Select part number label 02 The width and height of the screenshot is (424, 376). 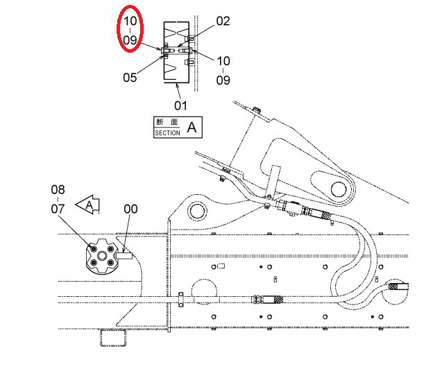[223, 21]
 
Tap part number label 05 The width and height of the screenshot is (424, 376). [130, 78]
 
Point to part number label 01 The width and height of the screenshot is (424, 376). [180, 105]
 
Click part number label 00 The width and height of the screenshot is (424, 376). [130, 209]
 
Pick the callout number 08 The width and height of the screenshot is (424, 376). [58, 190]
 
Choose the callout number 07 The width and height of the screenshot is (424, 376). [58, 209]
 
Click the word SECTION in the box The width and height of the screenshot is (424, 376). [167, 133]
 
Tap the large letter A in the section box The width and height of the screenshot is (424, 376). [192, 128]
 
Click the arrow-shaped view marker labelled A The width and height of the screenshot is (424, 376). [88, 205]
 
